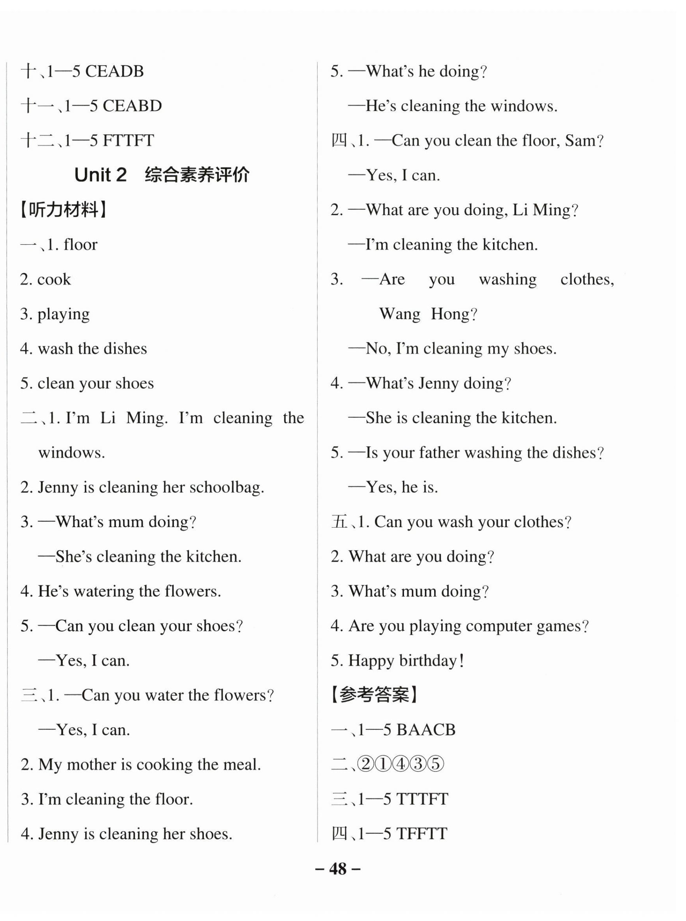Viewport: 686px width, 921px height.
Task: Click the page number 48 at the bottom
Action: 338,868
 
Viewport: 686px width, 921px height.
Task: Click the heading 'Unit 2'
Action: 100,175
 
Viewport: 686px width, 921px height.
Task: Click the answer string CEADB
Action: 114,71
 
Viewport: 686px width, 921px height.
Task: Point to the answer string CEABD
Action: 132,106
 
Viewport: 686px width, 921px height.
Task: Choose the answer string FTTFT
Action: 128,141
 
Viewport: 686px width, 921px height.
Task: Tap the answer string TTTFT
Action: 422,799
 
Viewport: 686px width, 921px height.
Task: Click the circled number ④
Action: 401,764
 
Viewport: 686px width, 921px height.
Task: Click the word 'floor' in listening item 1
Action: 80,245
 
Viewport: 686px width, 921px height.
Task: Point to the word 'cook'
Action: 54,279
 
